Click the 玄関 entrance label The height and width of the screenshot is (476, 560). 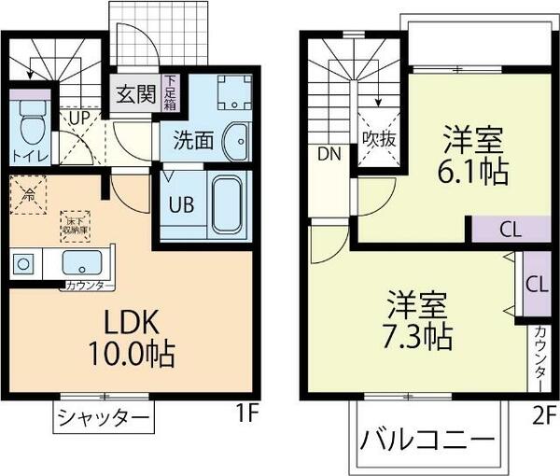pyautogui.click(x=134, y=94)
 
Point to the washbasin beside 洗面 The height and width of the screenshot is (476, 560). pyautogui.click(x=237, y=141)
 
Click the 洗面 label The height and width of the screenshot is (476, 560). pyautogui.click(x=193, y=143)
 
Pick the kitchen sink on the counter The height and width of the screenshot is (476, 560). pyautogui.click(x=82, y=260)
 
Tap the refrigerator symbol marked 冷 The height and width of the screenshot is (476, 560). pyautogui.click(x=29, y=196)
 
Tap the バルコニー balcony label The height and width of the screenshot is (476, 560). pyautogui.click(x=427, y=438)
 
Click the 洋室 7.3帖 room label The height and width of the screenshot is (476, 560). pyautogui.click(x=417, y=319)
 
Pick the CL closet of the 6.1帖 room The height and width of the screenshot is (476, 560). pyautogui.click(x=510, y=229)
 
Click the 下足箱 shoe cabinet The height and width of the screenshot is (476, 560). pyautogui.click(x=171, y=93)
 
